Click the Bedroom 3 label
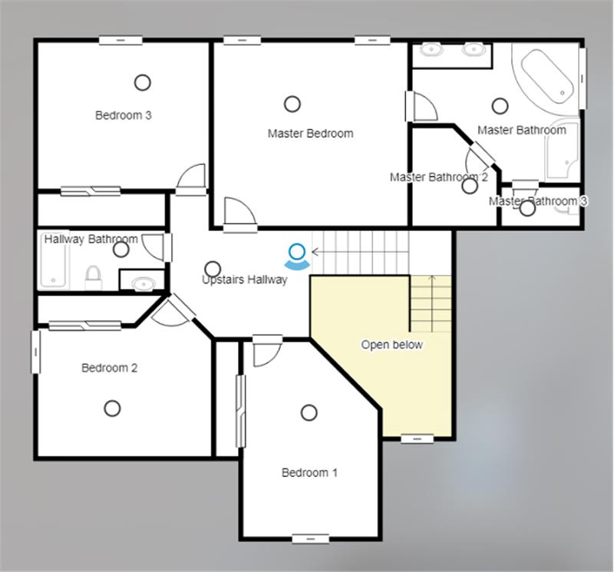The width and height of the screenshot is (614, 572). click(x=124, y=115)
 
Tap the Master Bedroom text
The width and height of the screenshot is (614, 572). click(x=311, y=134)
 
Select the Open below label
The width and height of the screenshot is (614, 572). click(x=392, y=345)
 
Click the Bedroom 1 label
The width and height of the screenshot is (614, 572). click(x=309, y=472)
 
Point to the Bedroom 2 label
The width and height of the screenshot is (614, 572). click(x=109, y=368)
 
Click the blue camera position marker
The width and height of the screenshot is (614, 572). click(x=297, y=257)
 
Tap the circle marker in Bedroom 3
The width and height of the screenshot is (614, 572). click(x=143, y=83)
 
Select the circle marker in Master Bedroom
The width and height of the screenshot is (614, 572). click(x=292, y=104)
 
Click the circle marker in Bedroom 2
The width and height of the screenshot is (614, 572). click(x=112, y=408)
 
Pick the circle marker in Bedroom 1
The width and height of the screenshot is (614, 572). click(x=309, y=412)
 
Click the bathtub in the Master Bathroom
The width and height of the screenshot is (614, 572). click(x=547, y=77)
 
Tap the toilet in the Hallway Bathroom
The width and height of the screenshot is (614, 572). click(x=93, y=277)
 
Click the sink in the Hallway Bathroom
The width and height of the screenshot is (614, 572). click(x=144, y=283)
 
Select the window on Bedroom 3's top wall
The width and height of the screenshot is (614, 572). click(x=120, y=40)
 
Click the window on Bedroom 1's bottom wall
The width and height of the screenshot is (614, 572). click(x=311, y=539)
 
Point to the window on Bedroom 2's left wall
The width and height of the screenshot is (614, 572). click(x=35, y=352)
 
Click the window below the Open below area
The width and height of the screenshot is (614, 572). click(x=418, y=439)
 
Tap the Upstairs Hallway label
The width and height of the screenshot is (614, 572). click(x=245, y=279)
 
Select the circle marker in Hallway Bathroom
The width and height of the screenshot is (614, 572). click(x=121, y=250)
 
